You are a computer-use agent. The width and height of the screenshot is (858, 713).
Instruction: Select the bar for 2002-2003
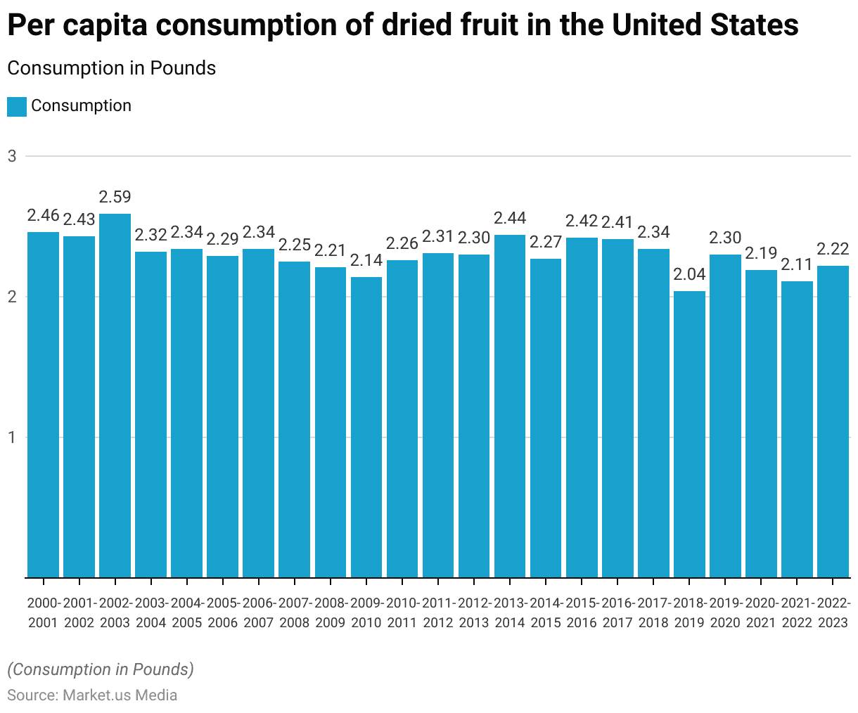[x=115, y=395]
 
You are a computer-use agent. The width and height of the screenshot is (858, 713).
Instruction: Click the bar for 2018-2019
[x=689, y=434]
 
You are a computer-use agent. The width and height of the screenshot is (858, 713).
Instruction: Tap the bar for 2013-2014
[x=510, y=406]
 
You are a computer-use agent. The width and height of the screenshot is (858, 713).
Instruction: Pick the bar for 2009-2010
[x=366, y=427]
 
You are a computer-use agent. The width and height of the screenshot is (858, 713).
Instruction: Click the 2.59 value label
[x=115, y=197]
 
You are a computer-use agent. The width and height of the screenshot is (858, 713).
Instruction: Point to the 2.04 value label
[x=689, y=274]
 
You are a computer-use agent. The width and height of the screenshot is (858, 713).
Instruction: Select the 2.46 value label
[x=43, y=215]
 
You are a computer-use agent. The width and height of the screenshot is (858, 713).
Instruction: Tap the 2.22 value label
[x=833, y=249]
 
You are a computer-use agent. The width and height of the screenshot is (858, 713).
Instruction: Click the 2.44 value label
[x=510, y=218]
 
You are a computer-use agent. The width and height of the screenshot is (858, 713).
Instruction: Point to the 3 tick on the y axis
[x=12, y=156]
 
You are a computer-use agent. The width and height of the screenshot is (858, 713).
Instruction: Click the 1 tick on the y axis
[x=12, y=437]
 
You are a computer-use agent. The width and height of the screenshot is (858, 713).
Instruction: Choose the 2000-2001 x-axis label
[x=43, y=612]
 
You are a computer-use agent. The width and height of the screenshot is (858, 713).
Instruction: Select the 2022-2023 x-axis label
[x=833, y=612]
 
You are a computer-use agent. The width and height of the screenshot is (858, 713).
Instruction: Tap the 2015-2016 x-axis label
[x=582, y=612]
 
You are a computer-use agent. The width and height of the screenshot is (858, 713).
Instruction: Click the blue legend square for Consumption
[x=17, y=106]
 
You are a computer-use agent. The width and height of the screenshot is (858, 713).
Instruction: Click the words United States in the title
[x=705, y=26]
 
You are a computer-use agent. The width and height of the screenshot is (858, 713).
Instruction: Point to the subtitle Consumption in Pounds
[x=111, y=68]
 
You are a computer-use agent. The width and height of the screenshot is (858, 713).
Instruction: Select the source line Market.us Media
[x=92, y=695]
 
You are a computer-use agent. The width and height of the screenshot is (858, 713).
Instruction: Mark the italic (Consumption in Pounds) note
[x=101, y=669]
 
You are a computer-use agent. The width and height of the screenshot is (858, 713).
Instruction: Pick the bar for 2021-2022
[x=797, y=429]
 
